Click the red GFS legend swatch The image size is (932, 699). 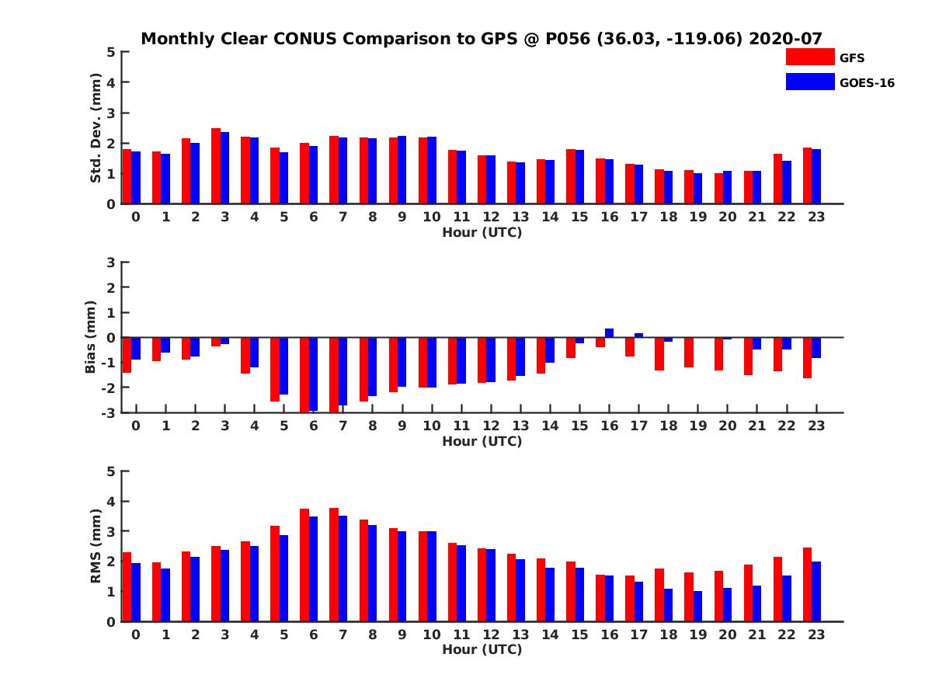[x=809, y=57]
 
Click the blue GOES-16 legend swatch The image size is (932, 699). [x=809, y=82]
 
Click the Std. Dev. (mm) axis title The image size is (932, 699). [x=96, y=128]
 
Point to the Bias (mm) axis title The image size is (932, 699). [x=90, y=337]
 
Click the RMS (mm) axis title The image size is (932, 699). [x=96, y=546]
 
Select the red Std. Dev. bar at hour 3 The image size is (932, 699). [x=216, y=166]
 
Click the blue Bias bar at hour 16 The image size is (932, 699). [x=609, y=333]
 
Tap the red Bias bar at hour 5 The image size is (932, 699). [x=275, y=369]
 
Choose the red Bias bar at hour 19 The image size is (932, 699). [x=688, y=352]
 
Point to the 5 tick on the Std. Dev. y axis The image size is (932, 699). [x=112, y=52]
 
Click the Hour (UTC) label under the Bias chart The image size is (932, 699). [x=482, y=441]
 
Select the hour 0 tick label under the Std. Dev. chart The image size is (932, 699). [x=136, y=217]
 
